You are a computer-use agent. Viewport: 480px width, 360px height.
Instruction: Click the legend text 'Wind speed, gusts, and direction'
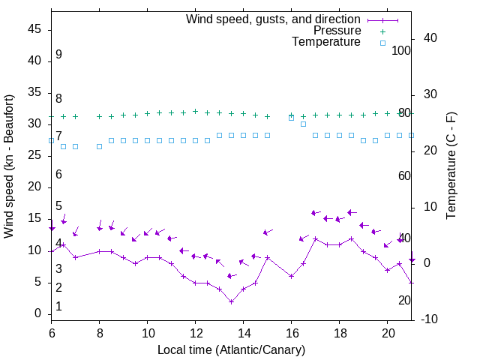273,19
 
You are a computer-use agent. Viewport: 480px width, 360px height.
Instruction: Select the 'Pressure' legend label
337,31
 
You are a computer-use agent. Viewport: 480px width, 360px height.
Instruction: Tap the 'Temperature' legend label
326,42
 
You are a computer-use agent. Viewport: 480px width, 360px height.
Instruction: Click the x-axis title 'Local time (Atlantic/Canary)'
231,350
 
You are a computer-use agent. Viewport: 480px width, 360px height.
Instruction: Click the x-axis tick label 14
243,331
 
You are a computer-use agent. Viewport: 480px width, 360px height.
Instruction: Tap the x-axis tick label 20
387,331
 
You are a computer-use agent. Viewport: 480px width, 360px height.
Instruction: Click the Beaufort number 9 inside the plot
58,55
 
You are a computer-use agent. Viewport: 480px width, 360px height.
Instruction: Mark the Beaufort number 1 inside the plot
58,306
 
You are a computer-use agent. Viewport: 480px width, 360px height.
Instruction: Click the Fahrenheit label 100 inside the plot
401,50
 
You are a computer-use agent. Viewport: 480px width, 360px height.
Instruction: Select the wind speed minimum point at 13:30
232,301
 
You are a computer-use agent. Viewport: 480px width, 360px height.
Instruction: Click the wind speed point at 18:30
352,238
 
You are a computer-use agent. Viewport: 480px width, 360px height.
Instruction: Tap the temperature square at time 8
100,146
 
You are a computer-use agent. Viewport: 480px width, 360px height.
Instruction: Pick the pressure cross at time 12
196,111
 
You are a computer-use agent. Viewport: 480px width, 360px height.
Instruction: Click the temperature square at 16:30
304,124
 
